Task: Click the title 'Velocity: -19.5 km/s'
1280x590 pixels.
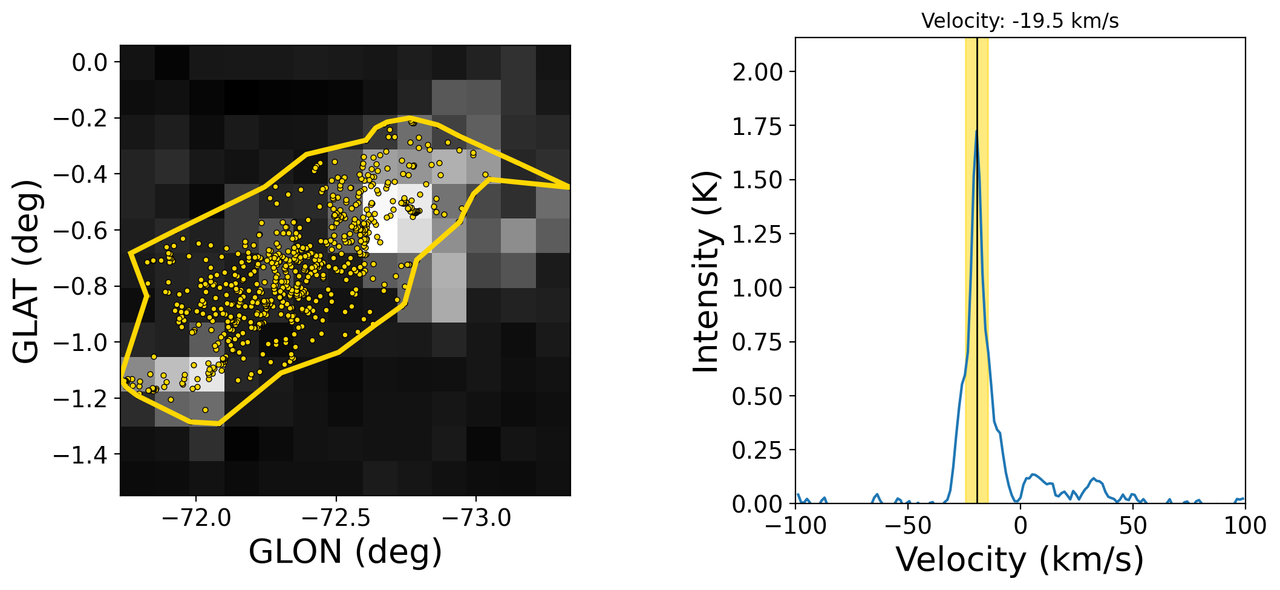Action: point(1020,21)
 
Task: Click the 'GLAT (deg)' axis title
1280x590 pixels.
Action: point(27,270)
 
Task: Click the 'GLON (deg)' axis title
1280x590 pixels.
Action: point(345,552)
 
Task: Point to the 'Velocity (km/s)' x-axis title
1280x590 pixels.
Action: point(1020,560)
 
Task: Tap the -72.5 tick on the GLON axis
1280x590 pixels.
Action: point(336,518)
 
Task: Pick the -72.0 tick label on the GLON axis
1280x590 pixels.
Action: point(196,518)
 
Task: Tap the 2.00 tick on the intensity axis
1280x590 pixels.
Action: point(757,72)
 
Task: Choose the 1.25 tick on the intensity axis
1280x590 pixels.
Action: point(757,234)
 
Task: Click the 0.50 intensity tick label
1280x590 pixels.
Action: point(757,396)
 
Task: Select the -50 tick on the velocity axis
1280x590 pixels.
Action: point(908,526)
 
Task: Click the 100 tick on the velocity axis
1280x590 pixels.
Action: point(1245,526)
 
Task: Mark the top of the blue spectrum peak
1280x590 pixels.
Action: point(976,131)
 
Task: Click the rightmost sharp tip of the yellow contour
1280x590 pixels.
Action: point(569,187)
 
